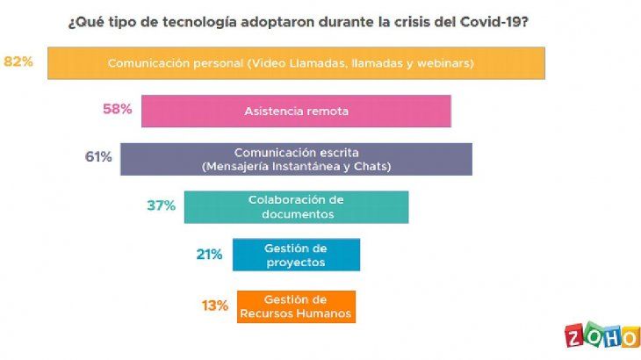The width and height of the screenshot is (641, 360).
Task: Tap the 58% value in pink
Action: [x=118, y=110]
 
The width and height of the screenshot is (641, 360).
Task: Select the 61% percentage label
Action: [x=97, y=157]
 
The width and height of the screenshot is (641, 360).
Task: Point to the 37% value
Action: [x=162, y=205]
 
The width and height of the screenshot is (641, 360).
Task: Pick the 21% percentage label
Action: [x=209, y=255]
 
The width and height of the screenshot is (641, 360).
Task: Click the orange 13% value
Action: [x=214, y=306]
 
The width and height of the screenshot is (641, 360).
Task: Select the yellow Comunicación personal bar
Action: [x=297, y=63]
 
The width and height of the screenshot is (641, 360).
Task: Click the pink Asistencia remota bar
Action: [x=296, y=112]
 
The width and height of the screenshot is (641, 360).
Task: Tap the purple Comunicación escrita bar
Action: [x=296, y=159]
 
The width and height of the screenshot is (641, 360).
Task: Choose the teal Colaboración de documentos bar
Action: [x=296, y=206]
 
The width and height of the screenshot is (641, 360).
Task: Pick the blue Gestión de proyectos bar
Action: [x=296, y=255]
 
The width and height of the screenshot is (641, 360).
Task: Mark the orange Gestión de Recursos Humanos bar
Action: [x=296, y=306]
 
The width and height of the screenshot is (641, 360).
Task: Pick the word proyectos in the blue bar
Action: [x=296, y=262]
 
